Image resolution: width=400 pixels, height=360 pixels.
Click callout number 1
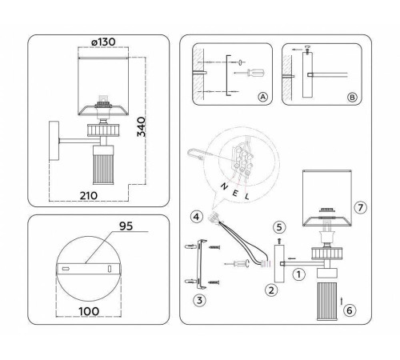[x=297, y=274]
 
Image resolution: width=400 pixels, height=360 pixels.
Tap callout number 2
[x=272, y=290]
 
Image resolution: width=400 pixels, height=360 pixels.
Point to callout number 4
[x=196, y=216]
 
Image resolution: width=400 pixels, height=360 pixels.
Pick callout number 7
[x=360, y=207]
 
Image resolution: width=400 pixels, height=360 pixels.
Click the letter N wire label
[x=221, y=182]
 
